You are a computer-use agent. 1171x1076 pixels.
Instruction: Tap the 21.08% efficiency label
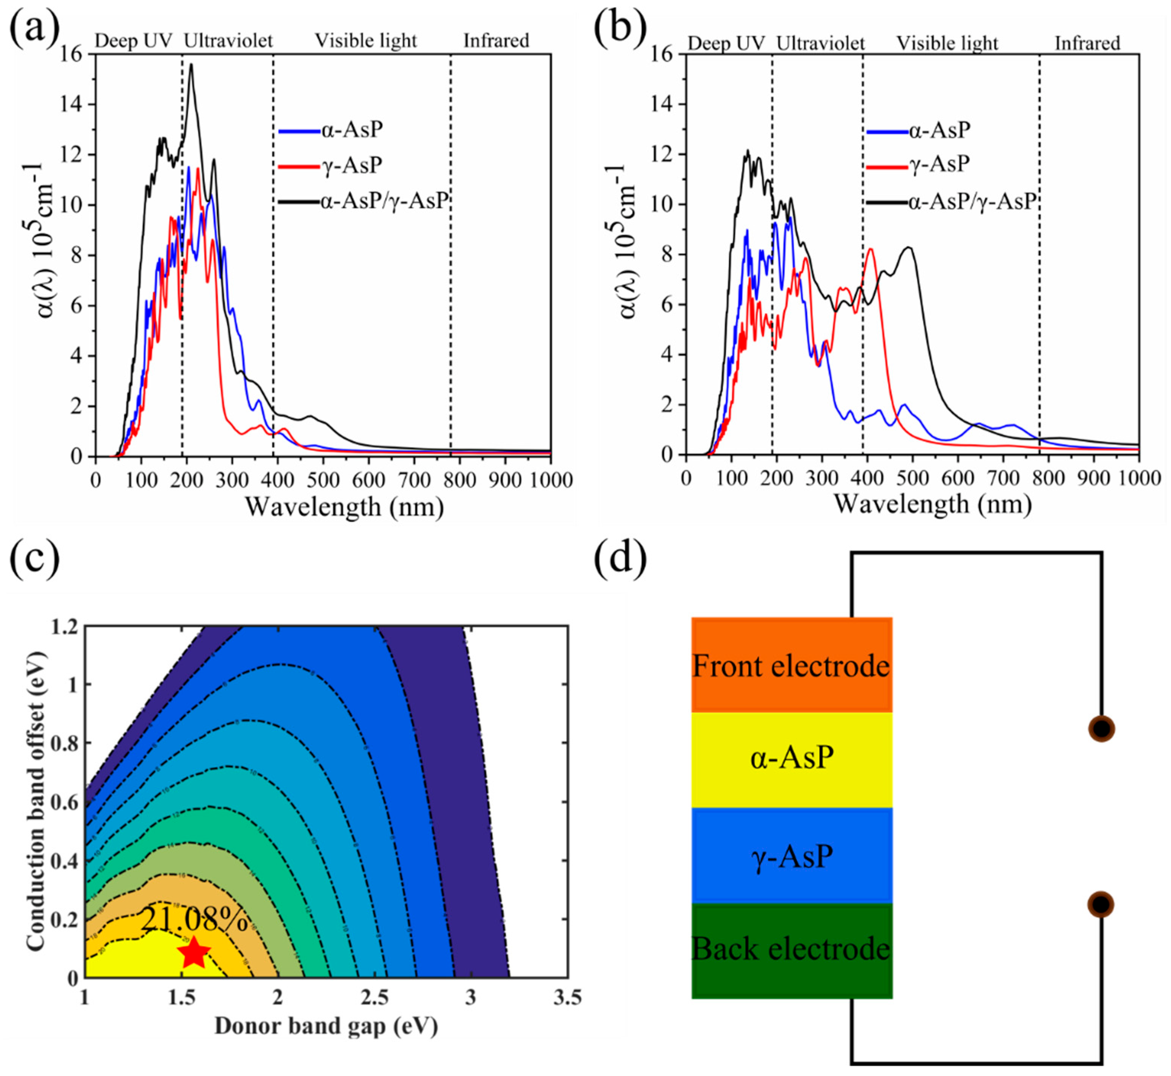tap(194, 920)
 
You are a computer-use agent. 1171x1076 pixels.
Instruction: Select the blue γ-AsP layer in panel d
tap(792, 856)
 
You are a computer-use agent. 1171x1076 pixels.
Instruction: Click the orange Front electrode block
tap(792, 665)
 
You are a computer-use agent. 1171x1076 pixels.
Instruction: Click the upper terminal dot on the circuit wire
tap(1101, 728)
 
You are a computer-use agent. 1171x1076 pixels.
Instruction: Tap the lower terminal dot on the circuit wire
tap(1101, 904)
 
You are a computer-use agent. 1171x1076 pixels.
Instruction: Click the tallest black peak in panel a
tap(191, 65)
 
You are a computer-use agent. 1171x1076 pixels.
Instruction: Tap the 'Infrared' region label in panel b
tap(1087, 44)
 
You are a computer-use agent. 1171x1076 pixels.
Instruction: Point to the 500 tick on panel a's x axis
tap(323, 480)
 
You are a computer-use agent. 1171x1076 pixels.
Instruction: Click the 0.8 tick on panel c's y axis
tap(66, 743)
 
